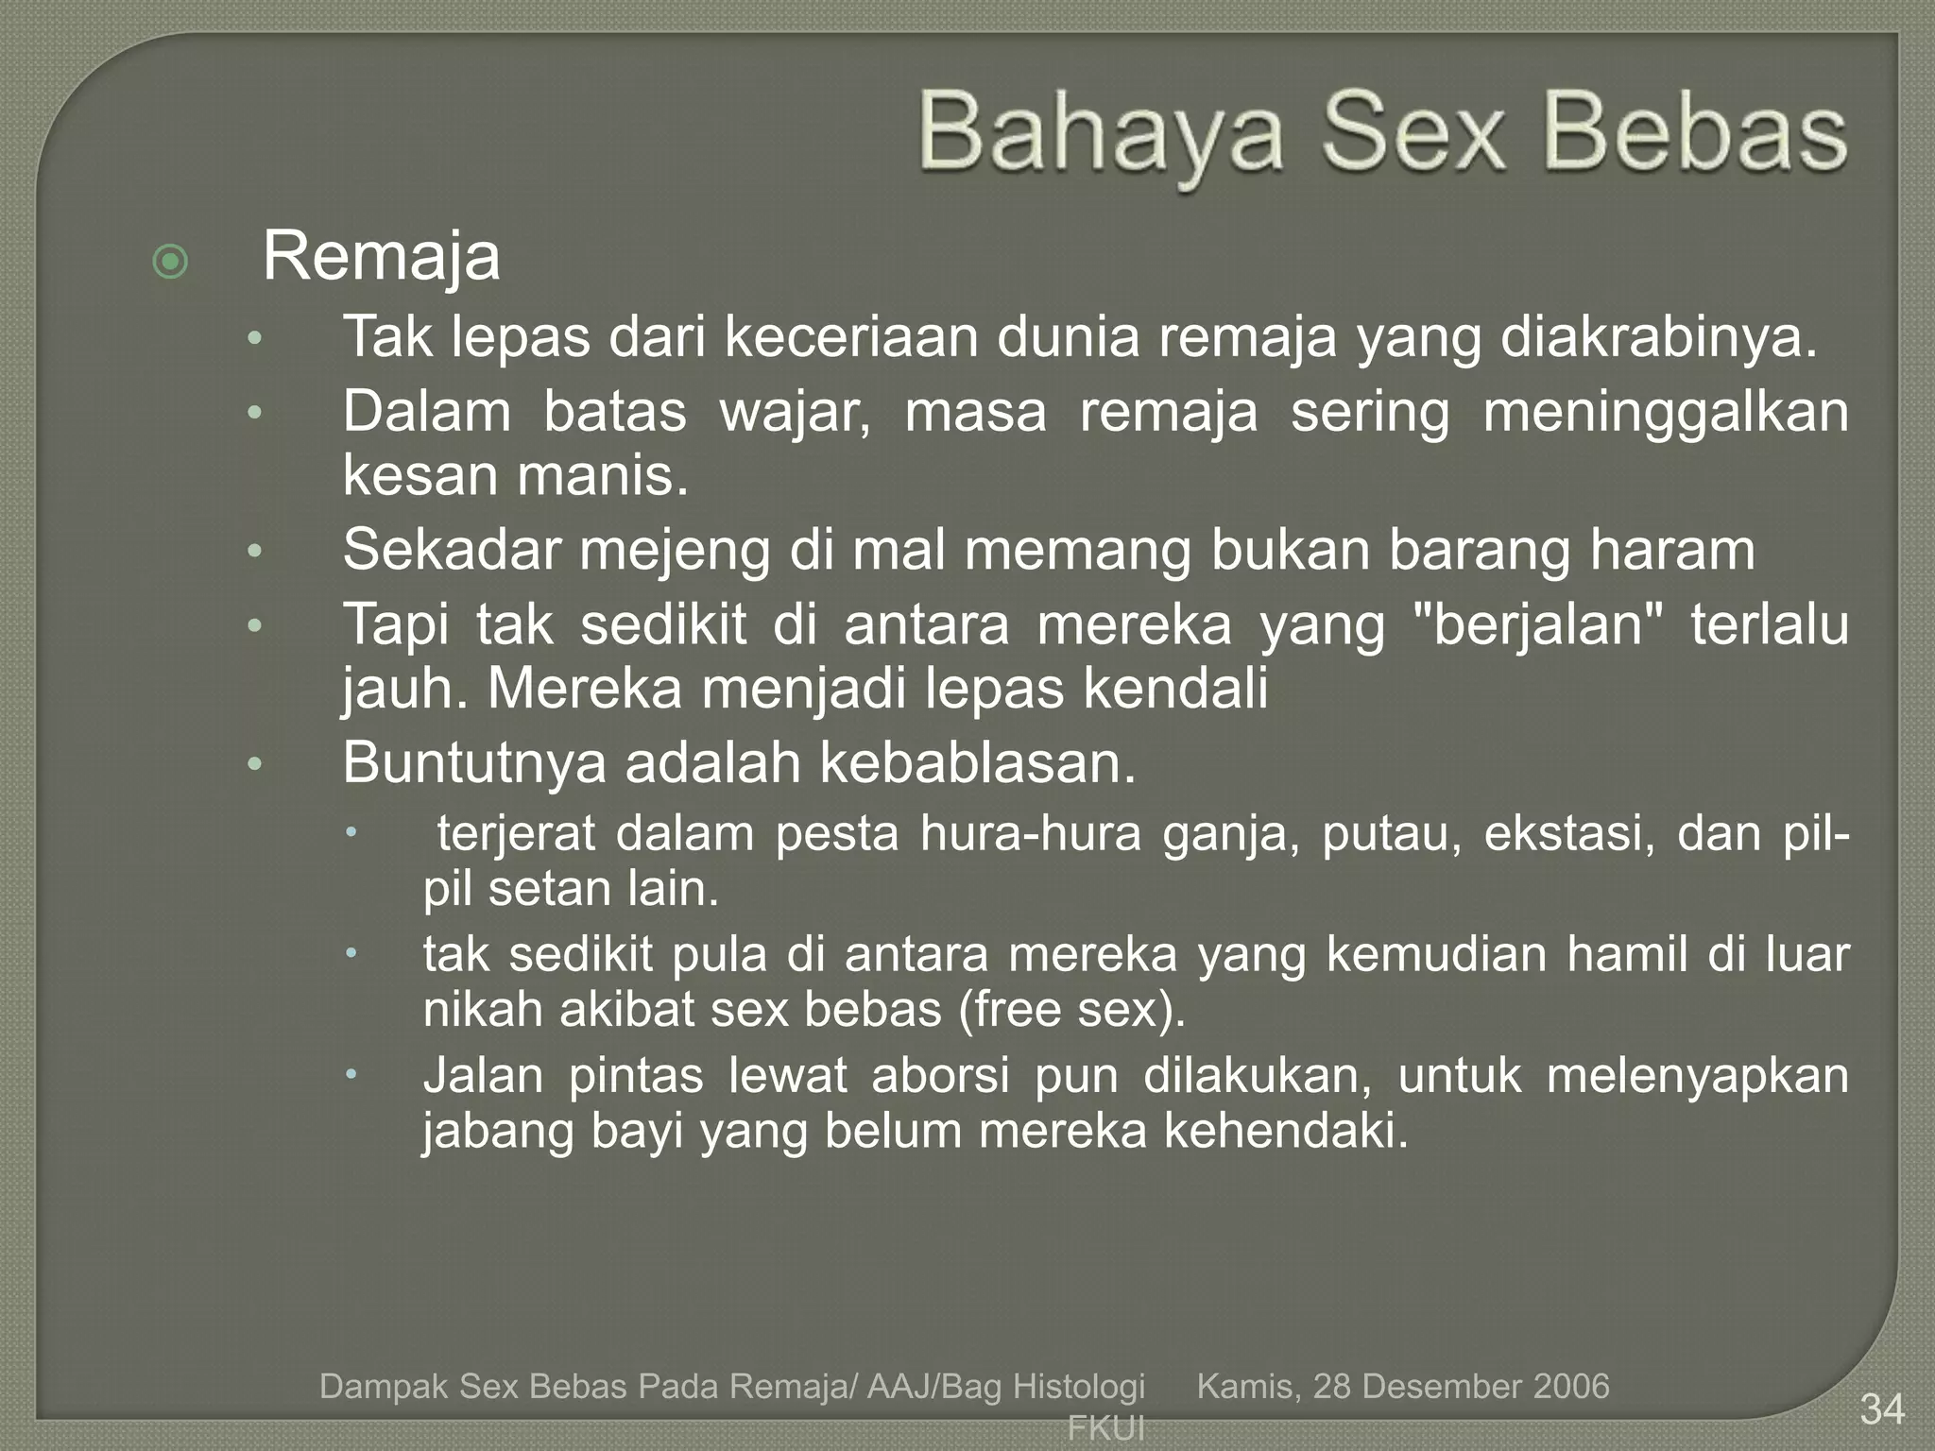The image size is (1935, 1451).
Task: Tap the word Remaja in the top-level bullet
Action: [x=381, y=256]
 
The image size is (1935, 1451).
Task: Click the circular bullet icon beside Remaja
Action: [x=170, y=262]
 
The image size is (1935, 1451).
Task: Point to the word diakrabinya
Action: [x=1658, y=337]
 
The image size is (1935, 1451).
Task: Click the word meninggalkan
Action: [x=1666, y=413]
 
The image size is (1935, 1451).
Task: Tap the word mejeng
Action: [x=675, y=550]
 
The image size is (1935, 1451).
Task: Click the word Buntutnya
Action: [x=473, y=762]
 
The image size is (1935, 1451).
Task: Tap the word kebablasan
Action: [x=977, y=762]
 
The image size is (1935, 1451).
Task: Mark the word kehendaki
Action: [x=1285, y=1131]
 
